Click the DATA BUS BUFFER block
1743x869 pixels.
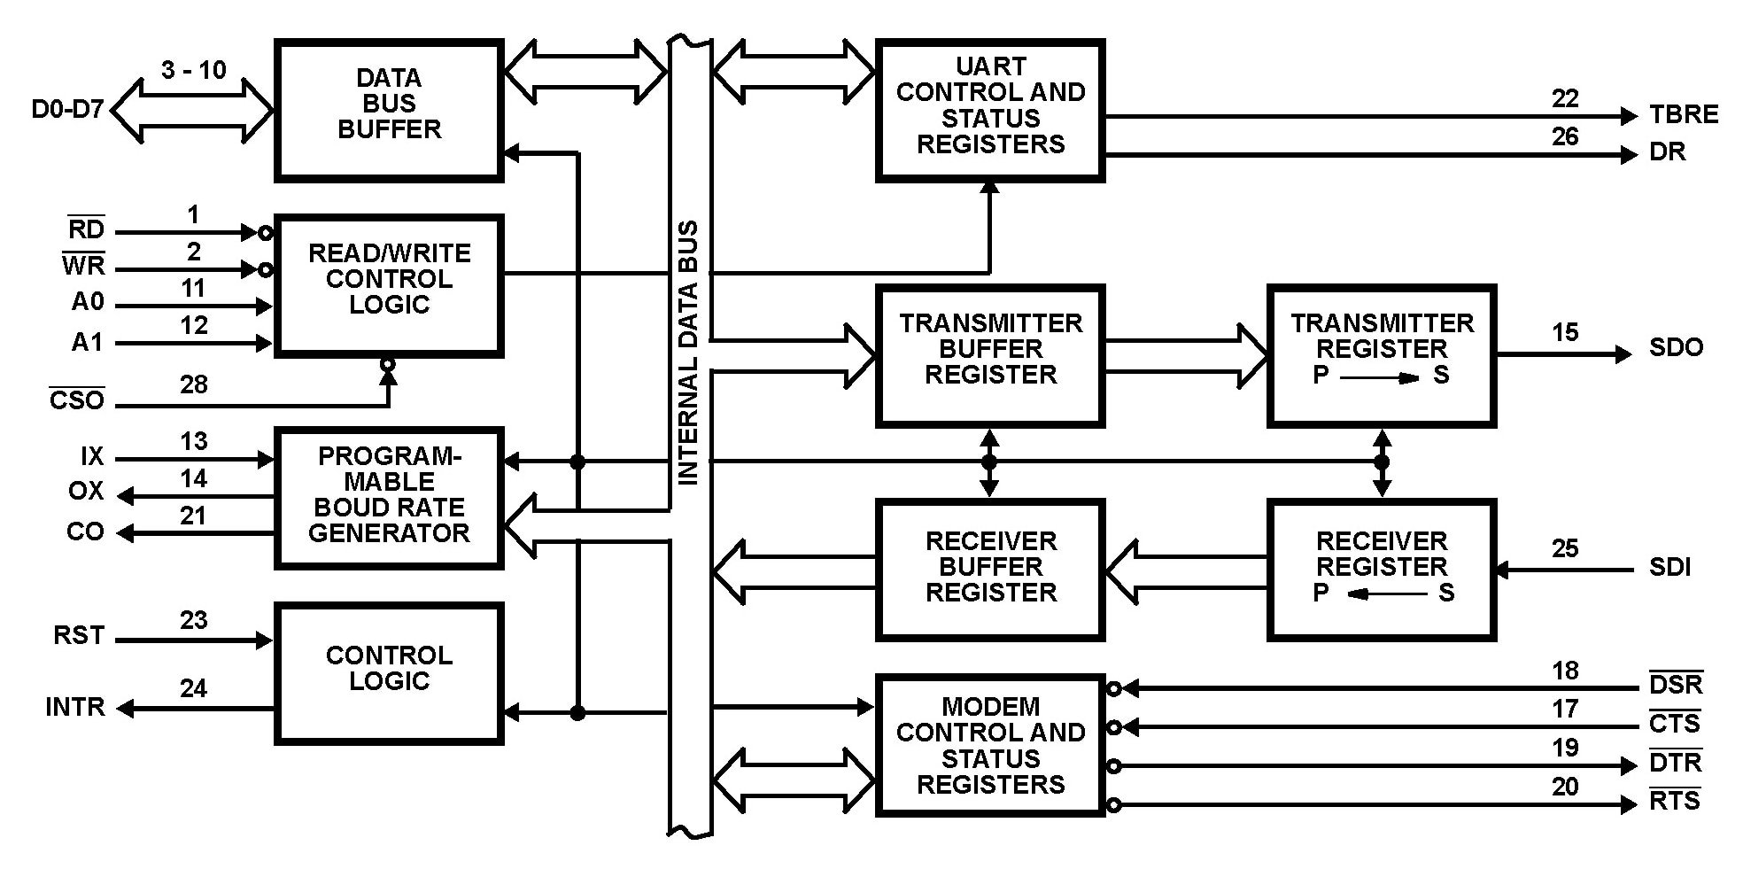click(x=389, y=110)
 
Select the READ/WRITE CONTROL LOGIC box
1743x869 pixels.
click(x=389, y=285)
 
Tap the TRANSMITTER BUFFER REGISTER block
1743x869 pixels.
click(x=990, y=355)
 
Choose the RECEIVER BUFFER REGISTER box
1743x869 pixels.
click(x=990, y=569)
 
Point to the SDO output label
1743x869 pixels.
click(x=1676, y=347)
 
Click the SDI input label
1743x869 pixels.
click(x=1669, y=567)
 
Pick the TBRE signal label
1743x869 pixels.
click(x=1683, y=114)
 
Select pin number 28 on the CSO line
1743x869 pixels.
click(x=193, y=384)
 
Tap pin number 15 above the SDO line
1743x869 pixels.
click(x=1564, y=333)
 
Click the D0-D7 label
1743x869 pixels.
click(x=67, y=110)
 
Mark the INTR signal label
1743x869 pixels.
click(x=75, y=707)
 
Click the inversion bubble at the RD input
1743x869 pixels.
click(x=266, y=233)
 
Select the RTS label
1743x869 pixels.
click(x=1675, y=801)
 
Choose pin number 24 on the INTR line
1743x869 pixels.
click(x=193, y=688)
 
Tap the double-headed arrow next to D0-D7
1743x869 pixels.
click(x=193, y=111)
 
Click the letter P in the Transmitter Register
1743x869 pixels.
click(x=1321, y=376)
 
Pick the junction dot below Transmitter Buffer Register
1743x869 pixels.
click(x=989, y=462)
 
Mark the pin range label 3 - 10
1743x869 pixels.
click(x=193, y=70)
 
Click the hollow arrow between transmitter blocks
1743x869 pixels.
click(x=1187, y=355)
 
